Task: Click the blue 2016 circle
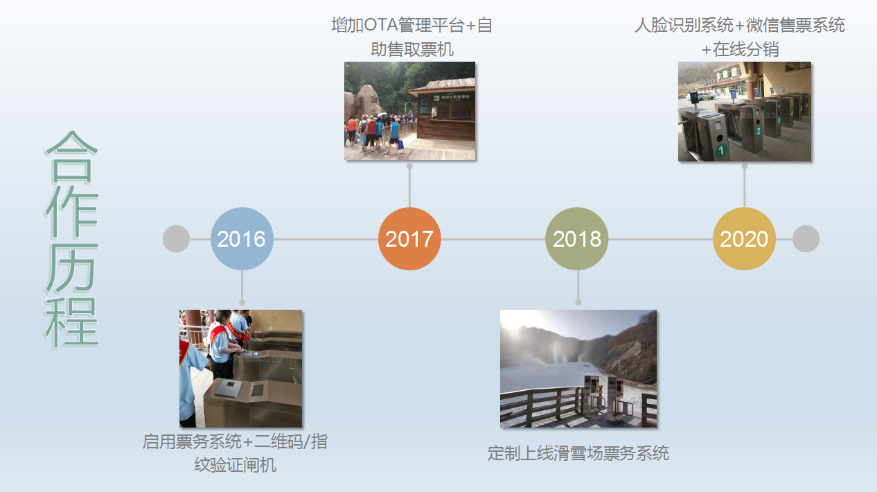pyautogui.click(x=242, y=238)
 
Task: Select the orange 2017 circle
pyautogui.click(x=409, y=238)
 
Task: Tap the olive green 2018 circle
pyautogui.click(x=577, y=238)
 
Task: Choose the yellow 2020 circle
pyautogui.click(x=744, y=238)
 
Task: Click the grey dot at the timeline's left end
pyautogui.click(x=176, y=238)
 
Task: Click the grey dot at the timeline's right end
pyautogui.click(x=806, y=238)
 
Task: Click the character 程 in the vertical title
pyautogui.click(x=71, y=322)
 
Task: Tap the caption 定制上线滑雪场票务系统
pyautogui.click(x=578, y=453)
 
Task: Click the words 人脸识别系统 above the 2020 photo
pyautogui.click(x=684, y=25)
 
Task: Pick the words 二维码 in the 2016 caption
pyautogui.click(x=278, y=441)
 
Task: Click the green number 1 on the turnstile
pyautogui.click(x=721, y=150)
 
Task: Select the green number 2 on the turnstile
pyautogui.click(x=759, y=131)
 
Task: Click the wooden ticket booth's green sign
pyautogui.click(x=452, y=97)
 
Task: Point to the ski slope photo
pyautogui.click(x=578, y=369)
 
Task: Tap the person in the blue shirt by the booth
pyautogui.click(x=394, y=135)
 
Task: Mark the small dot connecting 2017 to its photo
pyautogui.click(x=409, y=166)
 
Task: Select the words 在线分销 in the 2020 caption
pyautogui.click(x=745, y=49)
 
